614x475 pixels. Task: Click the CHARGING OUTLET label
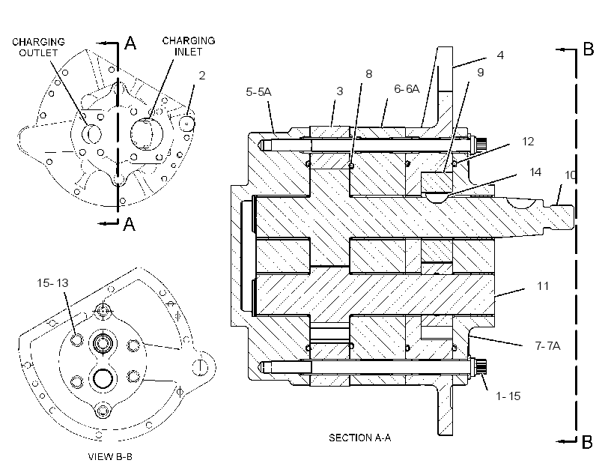coord(38,47)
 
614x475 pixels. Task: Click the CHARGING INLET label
coord(189,46)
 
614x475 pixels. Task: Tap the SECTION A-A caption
coord(359,438)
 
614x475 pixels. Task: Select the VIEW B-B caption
coord(110,456)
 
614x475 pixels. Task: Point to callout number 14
coord(535,172)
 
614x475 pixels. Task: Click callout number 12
coord(528,142)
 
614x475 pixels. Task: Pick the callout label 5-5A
coord(258,91)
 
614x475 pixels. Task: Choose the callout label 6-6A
coord(407,89)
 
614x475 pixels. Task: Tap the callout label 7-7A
coord(547,345)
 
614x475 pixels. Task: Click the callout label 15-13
coord(52,282)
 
